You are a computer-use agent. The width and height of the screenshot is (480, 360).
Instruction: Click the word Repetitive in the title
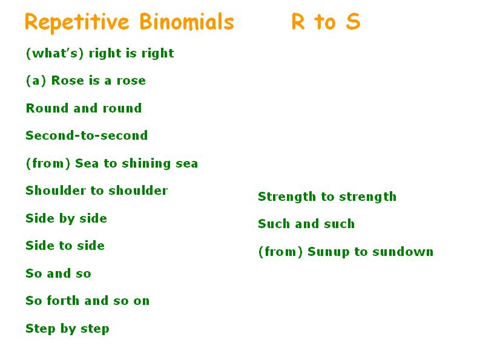(77, 22)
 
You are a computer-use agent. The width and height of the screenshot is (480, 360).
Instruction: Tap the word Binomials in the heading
(187, 22)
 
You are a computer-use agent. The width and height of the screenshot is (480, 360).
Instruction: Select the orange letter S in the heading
(353, 22)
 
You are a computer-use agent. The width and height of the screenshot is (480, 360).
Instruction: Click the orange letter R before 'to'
(298, 22)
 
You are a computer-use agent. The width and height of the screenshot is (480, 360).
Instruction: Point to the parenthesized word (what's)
(55, 53)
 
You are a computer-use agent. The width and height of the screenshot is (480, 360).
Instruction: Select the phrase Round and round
(84, 108)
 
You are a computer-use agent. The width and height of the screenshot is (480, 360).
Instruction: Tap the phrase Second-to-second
(87, 136)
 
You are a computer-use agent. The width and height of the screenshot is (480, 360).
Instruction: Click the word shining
(146, 164)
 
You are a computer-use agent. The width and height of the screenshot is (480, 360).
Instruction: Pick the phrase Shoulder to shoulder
(97, 191)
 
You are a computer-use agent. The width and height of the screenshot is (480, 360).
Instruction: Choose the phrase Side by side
(67, 218)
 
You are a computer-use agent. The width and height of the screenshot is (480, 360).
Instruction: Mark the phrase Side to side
(65, 246)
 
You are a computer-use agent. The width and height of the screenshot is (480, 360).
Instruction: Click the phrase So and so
(59, 273)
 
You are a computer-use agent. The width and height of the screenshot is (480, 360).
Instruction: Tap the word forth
(63, 301)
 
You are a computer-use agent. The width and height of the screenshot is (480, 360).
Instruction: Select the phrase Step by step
(67, 329)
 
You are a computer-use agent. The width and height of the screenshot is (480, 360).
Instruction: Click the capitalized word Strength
(287, 197)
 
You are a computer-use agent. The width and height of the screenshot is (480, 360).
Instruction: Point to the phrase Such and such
(306, 224)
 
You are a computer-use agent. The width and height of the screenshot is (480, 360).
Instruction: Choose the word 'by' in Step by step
(68, 329)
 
